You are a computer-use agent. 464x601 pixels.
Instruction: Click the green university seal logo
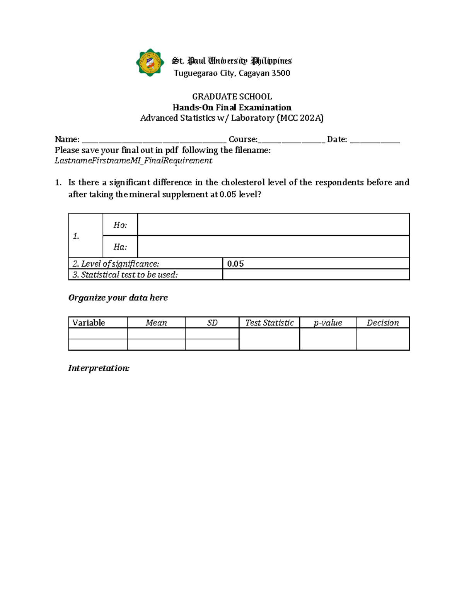[x=150, y=63]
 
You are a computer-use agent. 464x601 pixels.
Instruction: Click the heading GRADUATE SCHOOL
[x=232, y=96]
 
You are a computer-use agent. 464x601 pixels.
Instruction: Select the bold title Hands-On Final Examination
[x=232, y=107]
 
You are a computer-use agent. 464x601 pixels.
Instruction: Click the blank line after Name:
[x=154, y=140]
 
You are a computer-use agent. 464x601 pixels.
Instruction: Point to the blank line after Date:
[x=374, y=140]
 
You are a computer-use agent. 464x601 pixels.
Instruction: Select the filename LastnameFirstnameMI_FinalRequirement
[x=133, y=161]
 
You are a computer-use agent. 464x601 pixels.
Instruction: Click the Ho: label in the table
[x=120, y=225]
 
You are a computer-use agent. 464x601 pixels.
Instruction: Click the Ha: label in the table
[x=120, y=247]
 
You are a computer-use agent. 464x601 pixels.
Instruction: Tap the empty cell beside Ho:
[x=273, y=224]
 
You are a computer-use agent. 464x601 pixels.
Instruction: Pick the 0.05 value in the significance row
[x=235, y=264]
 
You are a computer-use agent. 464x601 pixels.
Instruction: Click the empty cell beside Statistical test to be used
[x=316, y=274]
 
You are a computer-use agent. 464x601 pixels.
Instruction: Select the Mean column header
[x=156, y=323]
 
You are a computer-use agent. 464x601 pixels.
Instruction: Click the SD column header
[x=212, y=323]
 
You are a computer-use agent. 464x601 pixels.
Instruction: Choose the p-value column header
[x=328, y=323]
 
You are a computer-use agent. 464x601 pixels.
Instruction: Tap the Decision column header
[x=382, y=323]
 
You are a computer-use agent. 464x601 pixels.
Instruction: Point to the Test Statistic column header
[x=270, y=323]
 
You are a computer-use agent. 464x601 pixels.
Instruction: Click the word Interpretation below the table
[x=99, y=368]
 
